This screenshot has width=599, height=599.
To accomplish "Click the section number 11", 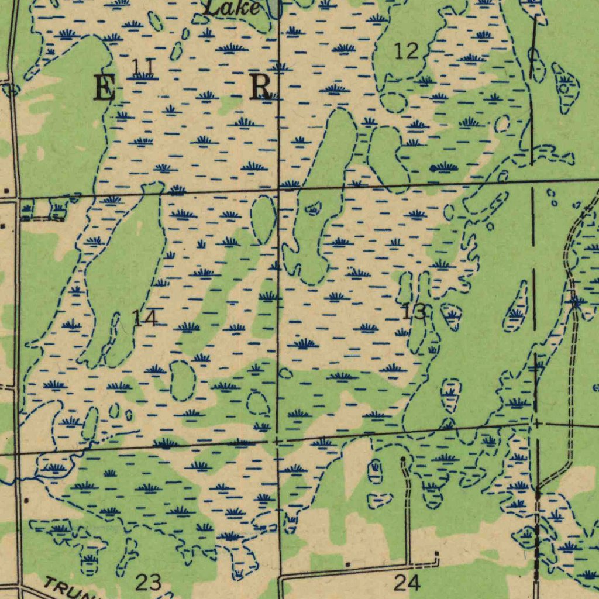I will [x=142, y=67].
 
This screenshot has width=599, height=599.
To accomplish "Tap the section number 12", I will [x=406, y=51].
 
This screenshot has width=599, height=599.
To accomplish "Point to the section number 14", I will [x=144, y=319].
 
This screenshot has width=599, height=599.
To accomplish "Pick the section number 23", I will [x=148, y=582].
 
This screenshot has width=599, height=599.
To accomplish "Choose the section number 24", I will [x=407, y=582].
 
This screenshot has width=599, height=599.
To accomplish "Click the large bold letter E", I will [x=104, y=89].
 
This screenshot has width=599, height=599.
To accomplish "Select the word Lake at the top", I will [x=232, y=8].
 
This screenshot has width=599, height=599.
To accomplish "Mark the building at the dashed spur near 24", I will [x=436, y=553].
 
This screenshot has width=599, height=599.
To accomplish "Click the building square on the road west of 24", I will [x=347, y=564].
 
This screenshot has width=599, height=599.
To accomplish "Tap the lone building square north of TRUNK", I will [x=26, y=501].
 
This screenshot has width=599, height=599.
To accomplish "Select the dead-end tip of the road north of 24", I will [x=403, y=459].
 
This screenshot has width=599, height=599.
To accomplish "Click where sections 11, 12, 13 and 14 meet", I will [x=278, y=189].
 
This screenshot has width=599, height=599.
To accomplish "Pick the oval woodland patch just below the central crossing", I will [x=264, y=219].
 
